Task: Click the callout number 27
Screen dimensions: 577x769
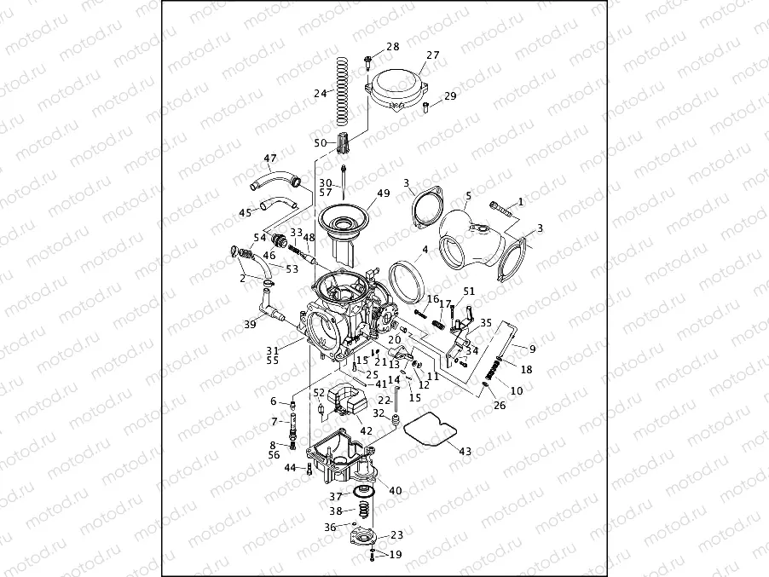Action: [x=433, y=55]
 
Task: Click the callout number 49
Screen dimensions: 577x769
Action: [x=383, y=193]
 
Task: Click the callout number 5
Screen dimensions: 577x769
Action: [x=468, y=196]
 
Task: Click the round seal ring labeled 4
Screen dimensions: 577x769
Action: [x=408, y=280]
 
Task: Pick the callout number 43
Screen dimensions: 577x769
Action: [x=465, y=451]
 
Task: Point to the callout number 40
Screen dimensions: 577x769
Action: [x=395, y=490]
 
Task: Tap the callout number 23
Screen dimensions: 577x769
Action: [x=396, y=535]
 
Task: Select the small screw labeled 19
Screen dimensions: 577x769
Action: [x=373, y=555]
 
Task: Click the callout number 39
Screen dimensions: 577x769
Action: [x=250, y=324]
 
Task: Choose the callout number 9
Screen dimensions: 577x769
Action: [x=532, y=349]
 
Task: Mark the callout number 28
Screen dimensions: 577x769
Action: [x=392, y=47]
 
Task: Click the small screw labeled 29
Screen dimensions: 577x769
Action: [x=425, y=106]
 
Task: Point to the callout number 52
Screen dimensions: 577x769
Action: [x=318, y=392]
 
